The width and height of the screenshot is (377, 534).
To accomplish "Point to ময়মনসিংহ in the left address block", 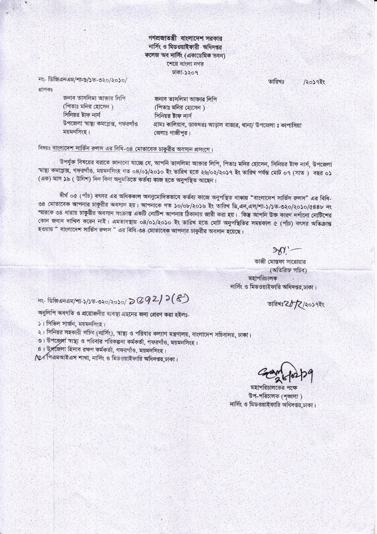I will click(x=77, y=132).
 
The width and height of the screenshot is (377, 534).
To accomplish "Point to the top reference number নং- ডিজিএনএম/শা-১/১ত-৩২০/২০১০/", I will click(x=83, y=80).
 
